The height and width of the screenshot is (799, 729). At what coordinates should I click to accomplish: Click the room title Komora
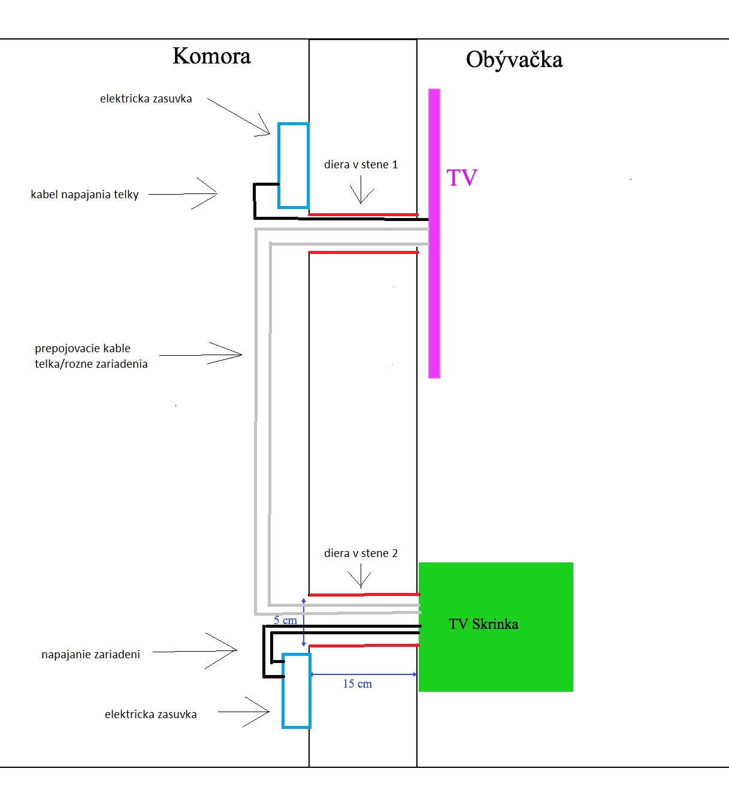211,56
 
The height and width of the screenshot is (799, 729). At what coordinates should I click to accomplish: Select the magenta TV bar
434,234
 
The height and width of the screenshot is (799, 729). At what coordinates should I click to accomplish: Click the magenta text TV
462,178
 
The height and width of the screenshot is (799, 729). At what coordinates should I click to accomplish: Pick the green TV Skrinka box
496,627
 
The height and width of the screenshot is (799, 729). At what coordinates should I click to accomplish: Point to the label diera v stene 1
361,165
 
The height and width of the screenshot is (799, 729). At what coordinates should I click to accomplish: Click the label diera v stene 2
361,553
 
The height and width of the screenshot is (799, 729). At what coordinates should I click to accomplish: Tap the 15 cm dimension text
358,684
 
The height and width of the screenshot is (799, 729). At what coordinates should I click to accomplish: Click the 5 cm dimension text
285,620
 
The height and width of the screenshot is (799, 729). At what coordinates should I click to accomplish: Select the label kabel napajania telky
85,195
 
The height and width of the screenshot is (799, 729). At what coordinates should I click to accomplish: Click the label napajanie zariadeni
91,655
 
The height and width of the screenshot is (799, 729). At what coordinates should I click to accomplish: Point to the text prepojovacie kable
83,349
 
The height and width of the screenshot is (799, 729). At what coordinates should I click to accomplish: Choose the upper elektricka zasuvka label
146,99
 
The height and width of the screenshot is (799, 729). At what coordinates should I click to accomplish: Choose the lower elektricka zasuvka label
150,715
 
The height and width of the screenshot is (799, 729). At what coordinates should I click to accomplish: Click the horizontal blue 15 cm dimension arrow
364,674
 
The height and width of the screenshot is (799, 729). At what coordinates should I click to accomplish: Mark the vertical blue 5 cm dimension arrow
304,622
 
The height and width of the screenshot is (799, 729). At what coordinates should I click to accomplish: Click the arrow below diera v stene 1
361,190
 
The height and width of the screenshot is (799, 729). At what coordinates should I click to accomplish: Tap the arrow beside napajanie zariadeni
195,651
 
